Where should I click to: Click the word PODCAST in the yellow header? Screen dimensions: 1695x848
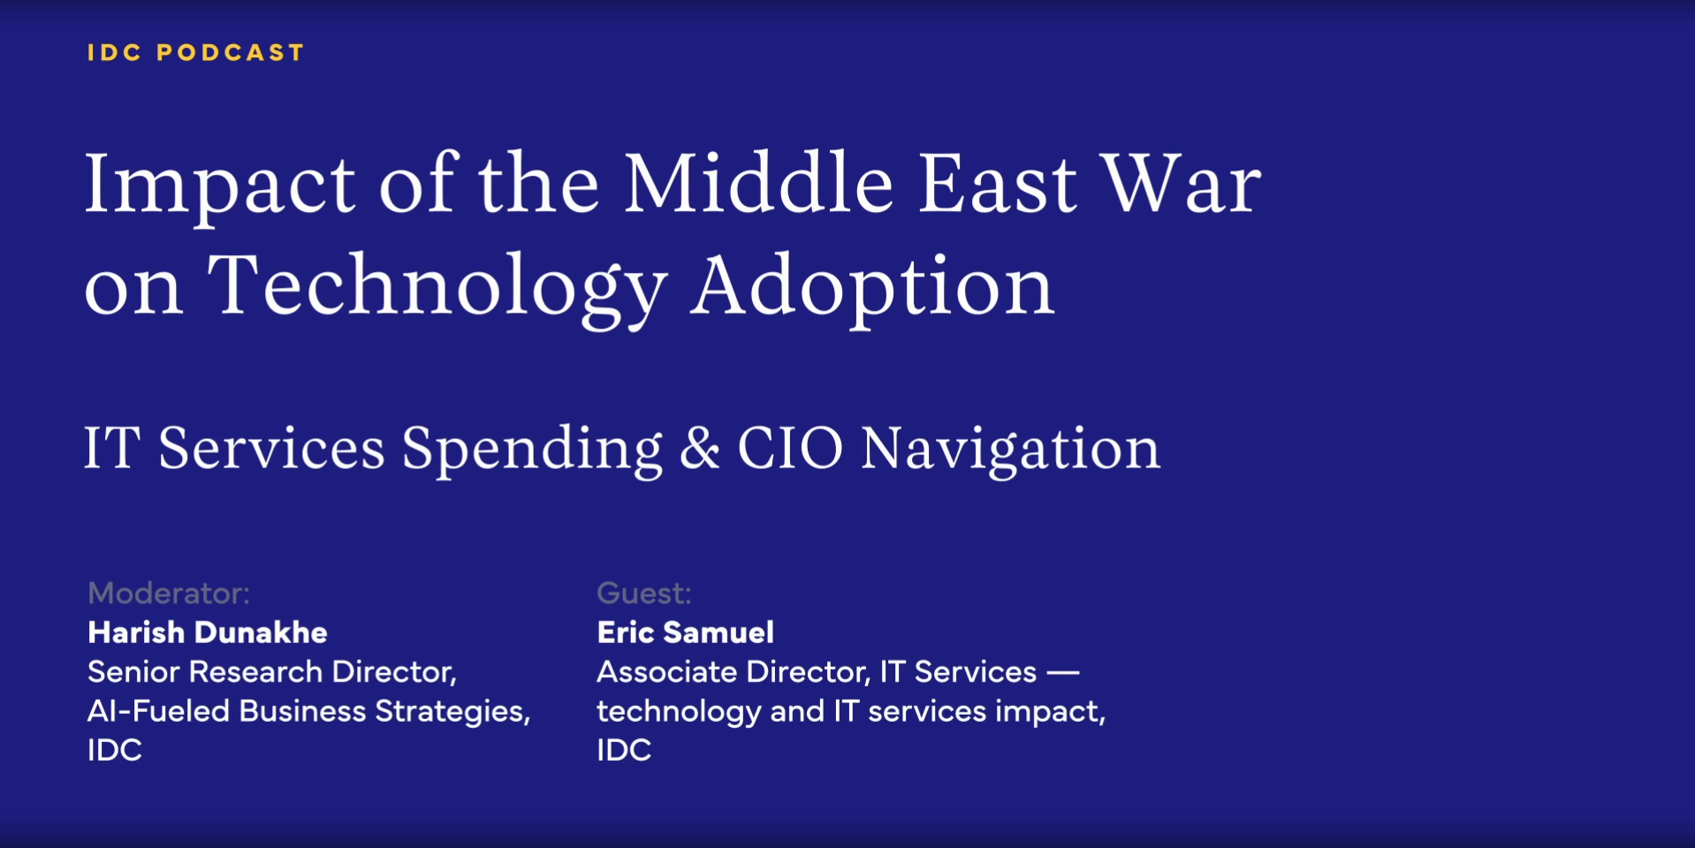tap(230, 53)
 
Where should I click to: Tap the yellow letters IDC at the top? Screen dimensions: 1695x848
tap(115, 53)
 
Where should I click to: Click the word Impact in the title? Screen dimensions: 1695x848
tap(220, 185)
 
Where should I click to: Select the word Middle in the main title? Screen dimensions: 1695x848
tap(759, 183)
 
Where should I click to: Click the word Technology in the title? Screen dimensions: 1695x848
tap(437, 288)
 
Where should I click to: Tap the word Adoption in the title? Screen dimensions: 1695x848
tap(872, 288)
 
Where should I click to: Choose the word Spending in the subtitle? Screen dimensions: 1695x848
tap(532, 450)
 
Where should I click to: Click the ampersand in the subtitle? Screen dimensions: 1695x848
tap(700, 449)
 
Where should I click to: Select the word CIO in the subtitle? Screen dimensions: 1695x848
tap(790, 448)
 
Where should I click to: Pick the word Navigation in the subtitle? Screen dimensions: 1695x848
tap(1010, 450)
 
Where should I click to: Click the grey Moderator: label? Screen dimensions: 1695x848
tap(169, 593)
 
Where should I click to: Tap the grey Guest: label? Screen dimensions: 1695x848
tap(644, 593)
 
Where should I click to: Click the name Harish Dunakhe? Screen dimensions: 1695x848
tap(208, 632)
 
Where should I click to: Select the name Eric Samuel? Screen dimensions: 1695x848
tap(686, 632)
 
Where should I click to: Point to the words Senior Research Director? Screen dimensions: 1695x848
tap(271, 672)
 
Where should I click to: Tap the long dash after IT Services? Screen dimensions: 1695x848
tap(1063, 673)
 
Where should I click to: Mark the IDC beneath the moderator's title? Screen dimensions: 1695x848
tap(115, 750)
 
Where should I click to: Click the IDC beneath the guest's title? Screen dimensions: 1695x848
tap(624, 750)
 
